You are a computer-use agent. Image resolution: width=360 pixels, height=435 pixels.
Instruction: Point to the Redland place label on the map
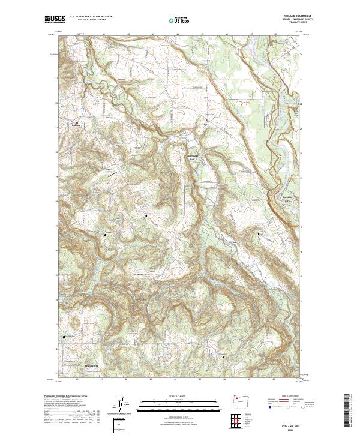click(x=76, y=125)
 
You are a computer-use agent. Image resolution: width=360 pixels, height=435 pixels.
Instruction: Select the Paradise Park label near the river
click(x=291, y=199)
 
